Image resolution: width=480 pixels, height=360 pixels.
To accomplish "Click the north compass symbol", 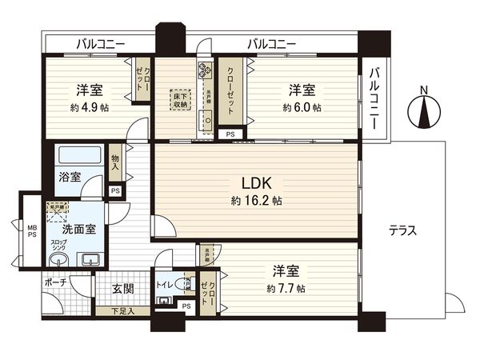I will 424,111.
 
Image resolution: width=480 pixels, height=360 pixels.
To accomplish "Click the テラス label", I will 402,230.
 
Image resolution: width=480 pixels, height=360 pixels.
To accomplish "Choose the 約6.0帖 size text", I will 302,107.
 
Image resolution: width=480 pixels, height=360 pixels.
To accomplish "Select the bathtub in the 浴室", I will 78,154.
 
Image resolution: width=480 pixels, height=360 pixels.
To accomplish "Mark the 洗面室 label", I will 81,227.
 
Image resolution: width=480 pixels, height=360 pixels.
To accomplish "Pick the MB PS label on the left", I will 33,232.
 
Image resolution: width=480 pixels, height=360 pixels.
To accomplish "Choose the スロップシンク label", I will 58,245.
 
